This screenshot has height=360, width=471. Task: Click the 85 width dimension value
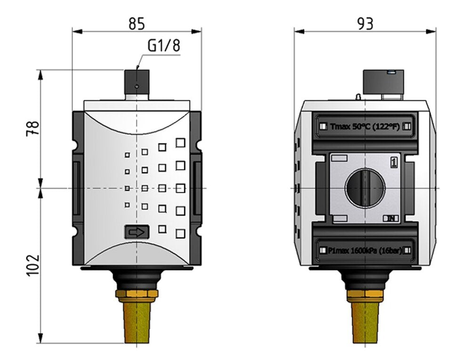pos(137,23)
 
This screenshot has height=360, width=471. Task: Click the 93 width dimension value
pos(365,23)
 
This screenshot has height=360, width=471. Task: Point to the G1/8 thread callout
pos(163,46)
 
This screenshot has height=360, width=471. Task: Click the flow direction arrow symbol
pos(137,232)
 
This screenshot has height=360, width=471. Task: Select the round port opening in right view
pos(365,188)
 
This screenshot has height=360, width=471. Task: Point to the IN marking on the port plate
pos(391,218)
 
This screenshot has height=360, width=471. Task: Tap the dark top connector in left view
pos(137,82)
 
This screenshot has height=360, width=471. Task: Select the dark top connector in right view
pos(383,82)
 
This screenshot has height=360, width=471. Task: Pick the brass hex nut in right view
pos(365,296)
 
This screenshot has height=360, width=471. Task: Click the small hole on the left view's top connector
pos(137,87)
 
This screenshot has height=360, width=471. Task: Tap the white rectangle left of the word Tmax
pos(323,126)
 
